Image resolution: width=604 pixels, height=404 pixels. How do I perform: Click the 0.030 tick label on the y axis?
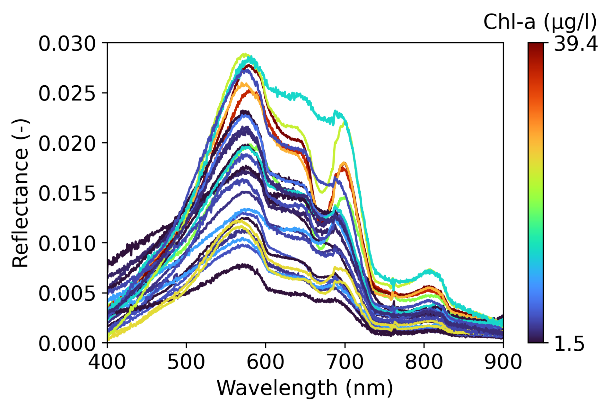click(67, 44)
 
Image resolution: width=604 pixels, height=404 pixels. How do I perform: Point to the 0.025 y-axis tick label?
click(67, 94)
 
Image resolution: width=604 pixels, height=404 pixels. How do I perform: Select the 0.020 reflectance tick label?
click(67, 144)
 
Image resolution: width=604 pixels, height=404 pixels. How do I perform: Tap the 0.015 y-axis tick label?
click(67, 194)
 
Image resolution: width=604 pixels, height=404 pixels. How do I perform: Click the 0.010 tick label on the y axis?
click(67, 244)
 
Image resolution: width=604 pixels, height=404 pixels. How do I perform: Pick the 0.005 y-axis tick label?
click(67, 294)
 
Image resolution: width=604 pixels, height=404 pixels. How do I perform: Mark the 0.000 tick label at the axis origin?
click(67, 344)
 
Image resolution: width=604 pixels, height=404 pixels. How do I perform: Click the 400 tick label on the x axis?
click(107, 362)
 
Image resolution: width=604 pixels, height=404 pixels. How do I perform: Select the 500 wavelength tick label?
click(186, 362)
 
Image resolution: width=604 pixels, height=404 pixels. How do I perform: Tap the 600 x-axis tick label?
click(265, 362)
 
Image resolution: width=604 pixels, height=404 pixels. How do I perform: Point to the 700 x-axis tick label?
click(345, 362)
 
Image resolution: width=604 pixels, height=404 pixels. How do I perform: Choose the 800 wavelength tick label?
click(424, 362)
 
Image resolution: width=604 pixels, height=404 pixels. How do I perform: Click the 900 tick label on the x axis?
click(503, 362)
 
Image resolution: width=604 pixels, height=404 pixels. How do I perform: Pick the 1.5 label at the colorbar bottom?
click(569, 344)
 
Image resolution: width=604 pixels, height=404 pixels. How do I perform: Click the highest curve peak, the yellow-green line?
click(244, 55)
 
